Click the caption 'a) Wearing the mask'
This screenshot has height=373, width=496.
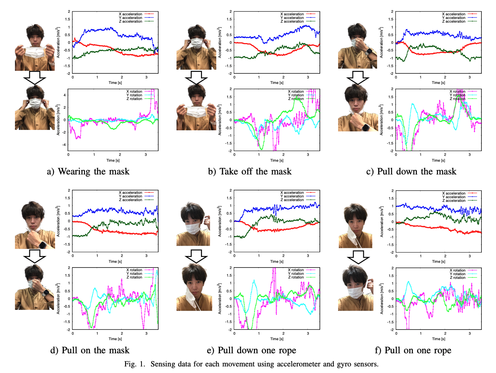88,172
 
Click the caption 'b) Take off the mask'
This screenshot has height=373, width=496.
250,172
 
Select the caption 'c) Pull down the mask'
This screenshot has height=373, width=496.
411,172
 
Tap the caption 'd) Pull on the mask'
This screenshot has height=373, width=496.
90,350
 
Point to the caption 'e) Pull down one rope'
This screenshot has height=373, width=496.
251,350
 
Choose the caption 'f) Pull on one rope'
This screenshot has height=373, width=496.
413,350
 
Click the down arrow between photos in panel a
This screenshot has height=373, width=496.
34,77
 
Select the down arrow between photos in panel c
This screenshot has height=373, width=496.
357,77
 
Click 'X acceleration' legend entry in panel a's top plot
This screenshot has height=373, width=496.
130,14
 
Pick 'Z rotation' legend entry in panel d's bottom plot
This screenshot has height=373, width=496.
134,277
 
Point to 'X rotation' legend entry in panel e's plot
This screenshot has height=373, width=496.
296,270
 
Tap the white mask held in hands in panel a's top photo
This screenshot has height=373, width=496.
34,52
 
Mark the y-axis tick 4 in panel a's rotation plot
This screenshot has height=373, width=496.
65,95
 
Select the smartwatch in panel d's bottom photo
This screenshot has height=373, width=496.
46,292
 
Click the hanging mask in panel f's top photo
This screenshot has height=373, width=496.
353,237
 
